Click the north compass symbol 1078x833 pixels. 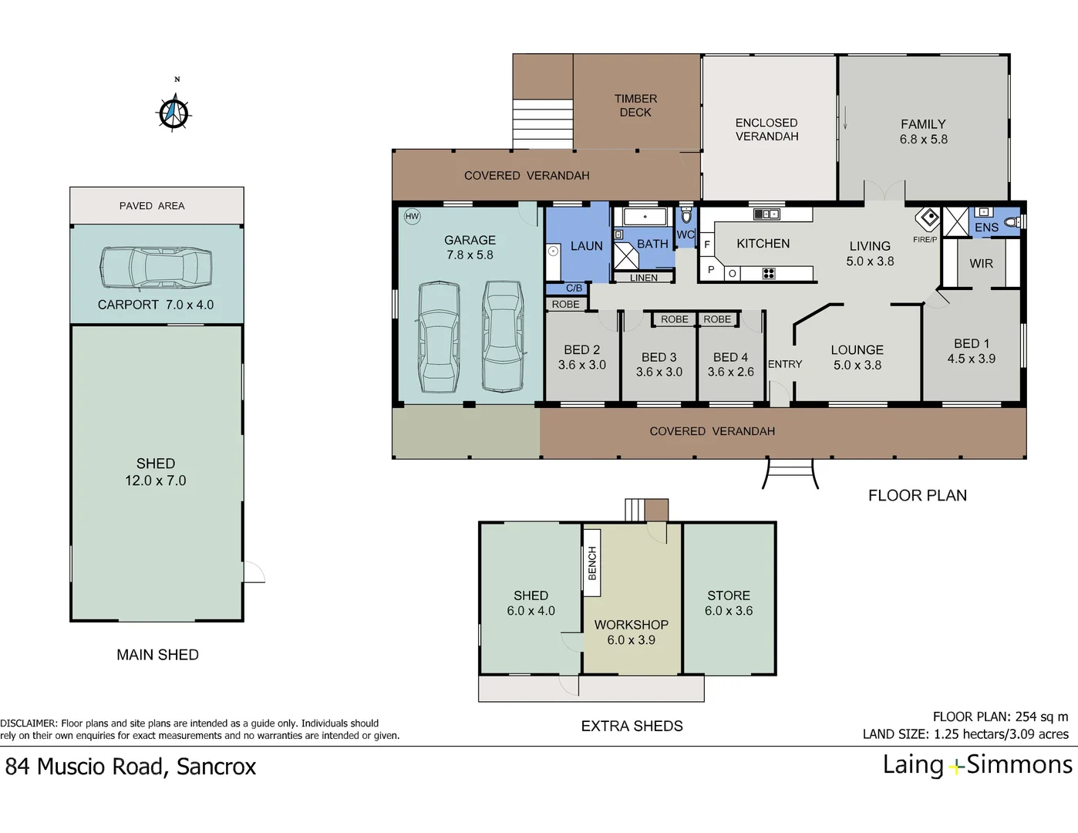tap(174, 113)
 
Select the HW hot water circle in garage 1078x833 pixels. tap(412, 217)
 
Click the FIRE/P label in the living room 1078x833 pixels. tap(925, 240)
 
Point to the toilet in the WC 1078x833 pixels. tap(686, 215)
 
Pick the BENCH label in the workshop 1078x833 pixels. tap(592, 563)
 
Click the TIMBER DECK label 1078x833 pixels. tap(635, 106)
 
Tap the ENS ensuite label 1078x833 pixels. tap(986, 228)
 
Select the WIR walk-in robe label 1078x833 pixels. tap(981, 264)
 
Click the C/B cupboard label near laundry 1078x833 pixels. tap(574, 288)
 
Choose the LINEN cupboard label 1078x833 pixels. tap(644, 278)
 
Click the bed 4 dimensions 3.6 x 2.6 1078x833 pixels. tap(730, 372)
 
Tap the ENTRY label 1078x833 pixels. tap(785, 364)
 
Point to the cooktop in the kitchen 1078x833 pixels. tap(768, 273)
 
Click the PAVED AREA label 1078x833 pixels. tap(152, 206)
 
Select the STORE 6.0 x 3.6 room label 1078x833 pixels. tap(729, 603)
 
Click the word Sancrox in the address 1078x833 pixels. tap(216, 767)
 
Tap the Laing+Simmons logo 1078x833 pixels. tap(977, 765)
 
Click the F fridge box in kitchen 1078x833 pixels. tap(706, 245)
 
